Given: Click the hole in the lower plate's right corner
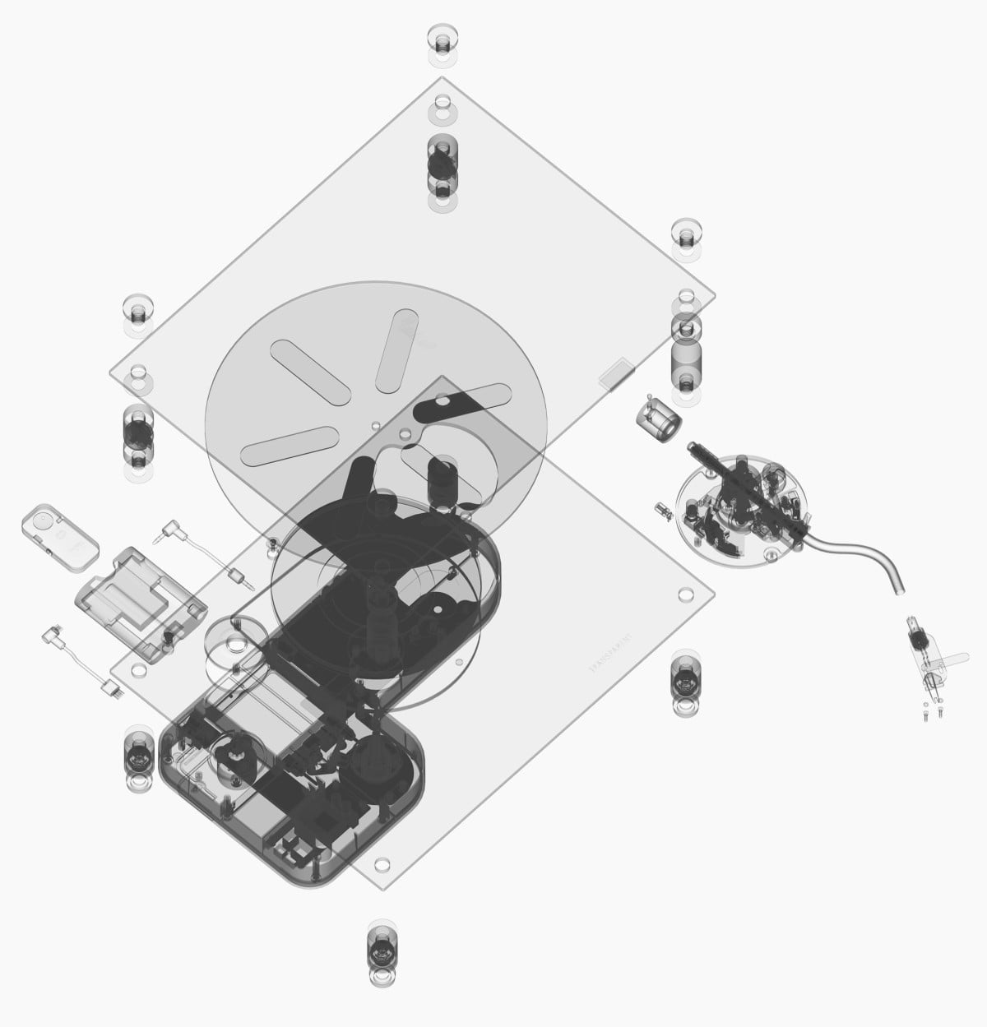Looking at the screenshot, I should pos(683,594).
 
